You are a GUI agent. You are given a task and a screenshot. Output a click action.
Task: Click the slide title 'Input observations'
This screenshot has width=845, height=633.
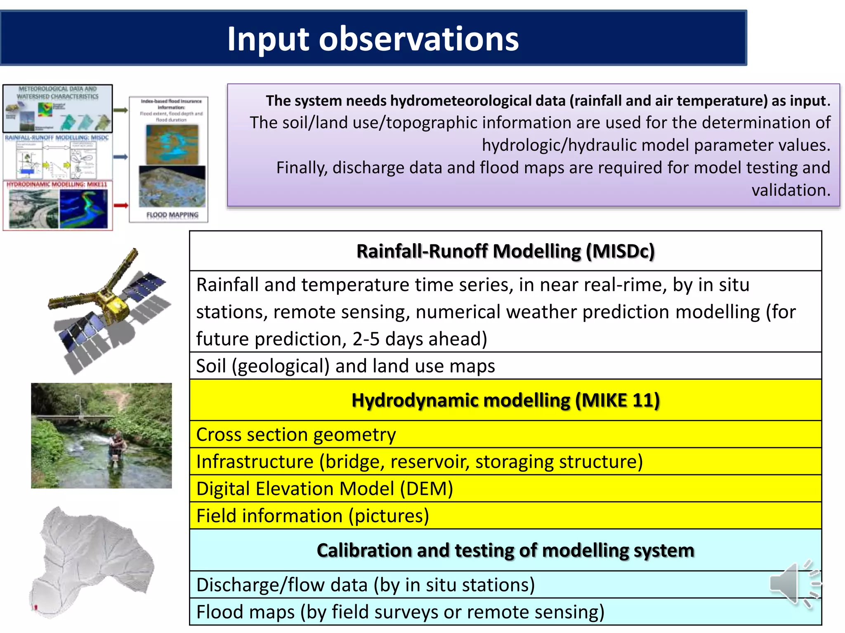tap(373, 39)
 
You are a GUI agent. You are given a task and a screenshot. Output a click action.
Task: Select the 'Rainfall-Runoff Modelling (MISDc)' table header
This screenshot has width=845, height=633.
tap(505, 251)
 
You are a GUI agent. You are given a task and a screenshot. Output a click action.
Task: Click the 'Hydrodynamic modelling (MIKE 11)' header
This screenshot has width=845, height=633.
tap(505, 400)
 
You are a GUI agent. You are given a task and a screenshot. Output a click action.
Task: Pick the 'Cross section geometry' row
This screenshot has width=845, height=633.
tap(296, 434)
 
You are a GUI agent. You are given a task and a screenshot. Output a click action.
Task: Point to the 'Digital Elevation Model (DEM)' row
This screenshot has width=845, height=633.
tap(324, 489)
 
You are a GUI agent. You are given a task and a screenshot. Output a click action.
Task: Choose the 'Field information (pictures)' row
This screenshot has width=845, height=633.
tap(312, 516)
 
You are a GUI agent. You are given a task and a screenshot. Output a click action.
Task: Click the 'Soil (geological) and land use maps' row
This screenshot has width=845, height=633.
tap(345, 366)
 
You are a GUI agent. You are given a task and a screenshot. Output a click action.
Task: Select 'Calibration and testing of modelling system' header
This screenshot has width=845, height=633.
tap(505, 550)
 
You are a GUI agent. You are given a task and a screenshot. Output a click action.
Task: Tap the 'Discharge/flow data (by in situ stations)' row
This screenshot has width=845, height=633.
tap(365, 585)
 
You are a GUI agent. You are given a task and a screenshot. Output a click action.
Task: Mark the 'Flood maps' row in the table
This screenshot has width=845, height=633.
tap(400, 612)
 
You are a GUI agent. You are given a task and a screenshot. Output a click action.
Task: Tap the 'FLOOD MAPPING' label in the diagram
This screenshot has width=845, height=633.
tap(172, 215)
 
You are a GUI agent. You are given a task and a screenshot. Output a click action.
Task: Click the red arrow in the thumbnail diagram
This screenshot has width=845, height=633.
tap(120, 205)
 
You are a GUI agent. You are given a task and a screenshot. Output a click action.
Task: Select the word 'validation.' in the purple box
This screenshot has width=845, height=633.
tap(791, 190)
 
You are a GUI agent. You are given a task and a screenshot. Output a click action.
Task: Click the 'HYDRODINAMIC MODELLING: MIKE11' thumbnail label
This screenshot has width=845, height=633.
tap(57, 184)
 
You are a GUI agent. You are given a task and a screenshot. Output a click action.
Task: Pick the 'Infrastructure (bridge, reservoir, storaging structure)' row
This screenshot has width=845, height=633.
tap(419, 462)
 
